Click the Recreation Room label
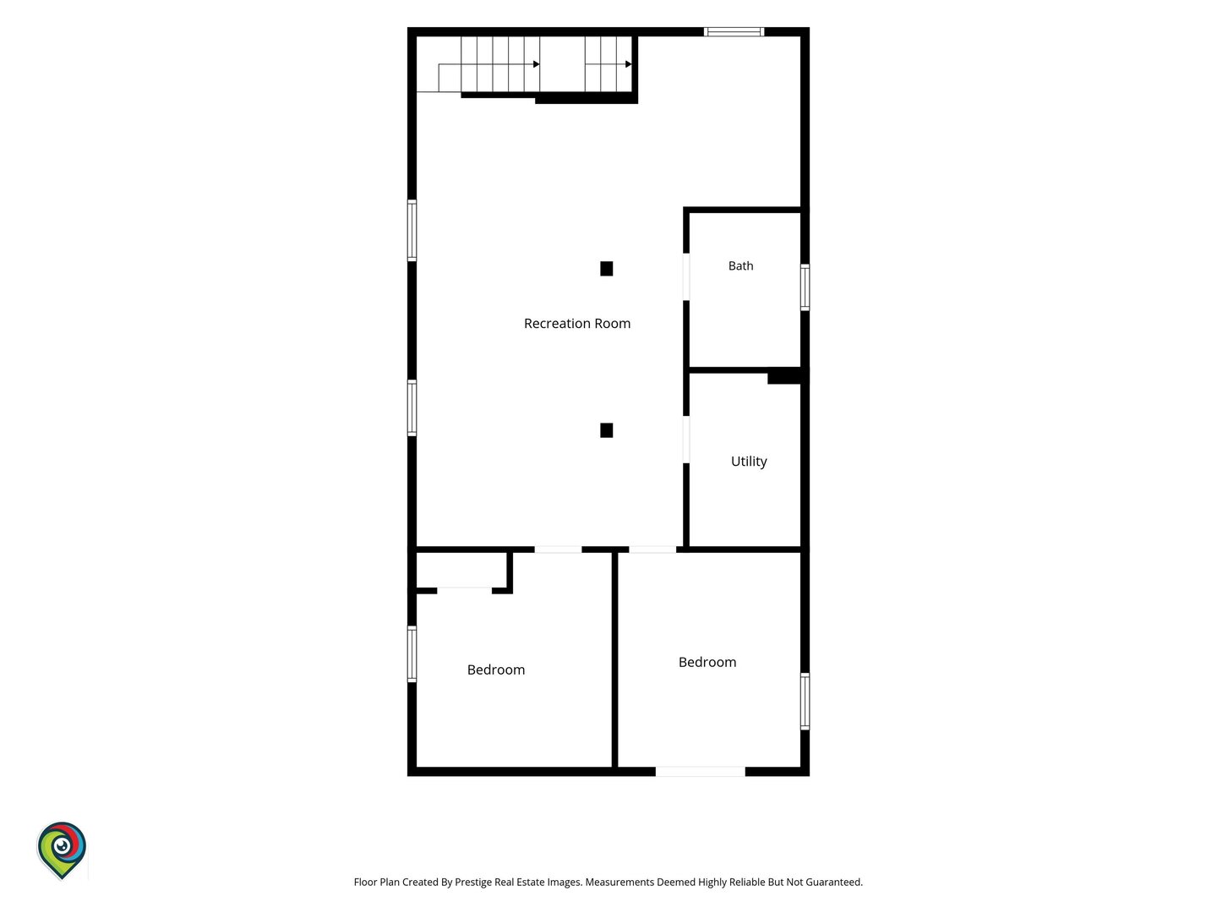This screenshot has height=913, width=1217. [576, 323]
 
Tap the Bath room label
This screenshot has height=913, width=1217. [740, 265]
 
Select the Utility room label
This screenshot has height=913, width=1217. [749, 462]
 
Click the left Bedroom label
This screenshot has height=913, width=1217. [495, 670]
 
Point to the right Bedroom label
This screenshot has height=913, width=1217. [707, 662]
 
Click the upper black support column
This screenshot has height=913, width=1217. [606, 269]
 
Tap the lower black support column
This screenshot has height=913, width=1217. [606, 430]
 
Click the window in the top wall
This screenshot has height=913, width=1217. [734, 31]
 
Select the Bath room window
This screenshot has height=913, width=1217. [805, 287]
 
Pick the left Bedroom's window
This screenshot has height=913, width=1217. [412, 653]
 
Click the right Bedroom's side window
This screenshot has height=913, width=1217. [805, 701]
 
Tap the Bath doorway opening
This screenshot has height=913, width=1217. [686, 276]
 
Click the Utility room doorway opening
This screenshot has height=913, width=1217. [686, 439]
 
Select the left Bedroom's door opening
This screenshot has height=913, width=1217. [558, 549]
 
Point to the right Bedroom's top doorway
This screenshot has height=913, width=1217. [652, 549]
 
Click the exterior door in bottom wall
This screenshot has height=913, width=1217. [701, 771]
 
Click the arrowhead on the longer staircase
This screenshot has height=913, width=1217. [536, 64]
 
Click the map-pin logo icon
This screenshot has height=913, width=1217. [62, 850]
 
